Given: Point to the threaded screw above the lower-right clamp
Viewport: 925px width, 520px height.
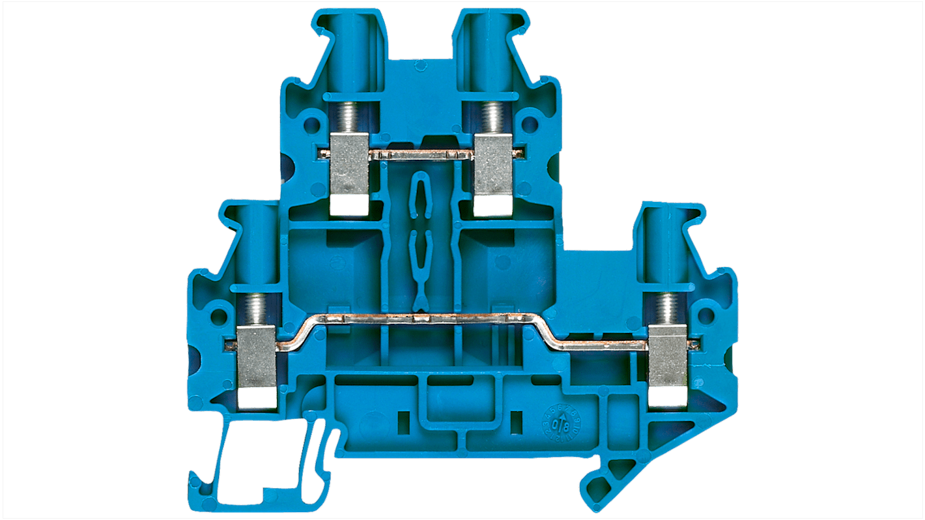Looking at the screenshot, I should tap(668, 308).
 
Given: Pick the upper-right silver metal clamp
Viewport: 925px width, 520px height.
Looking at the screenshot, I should tap(493, 163).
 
